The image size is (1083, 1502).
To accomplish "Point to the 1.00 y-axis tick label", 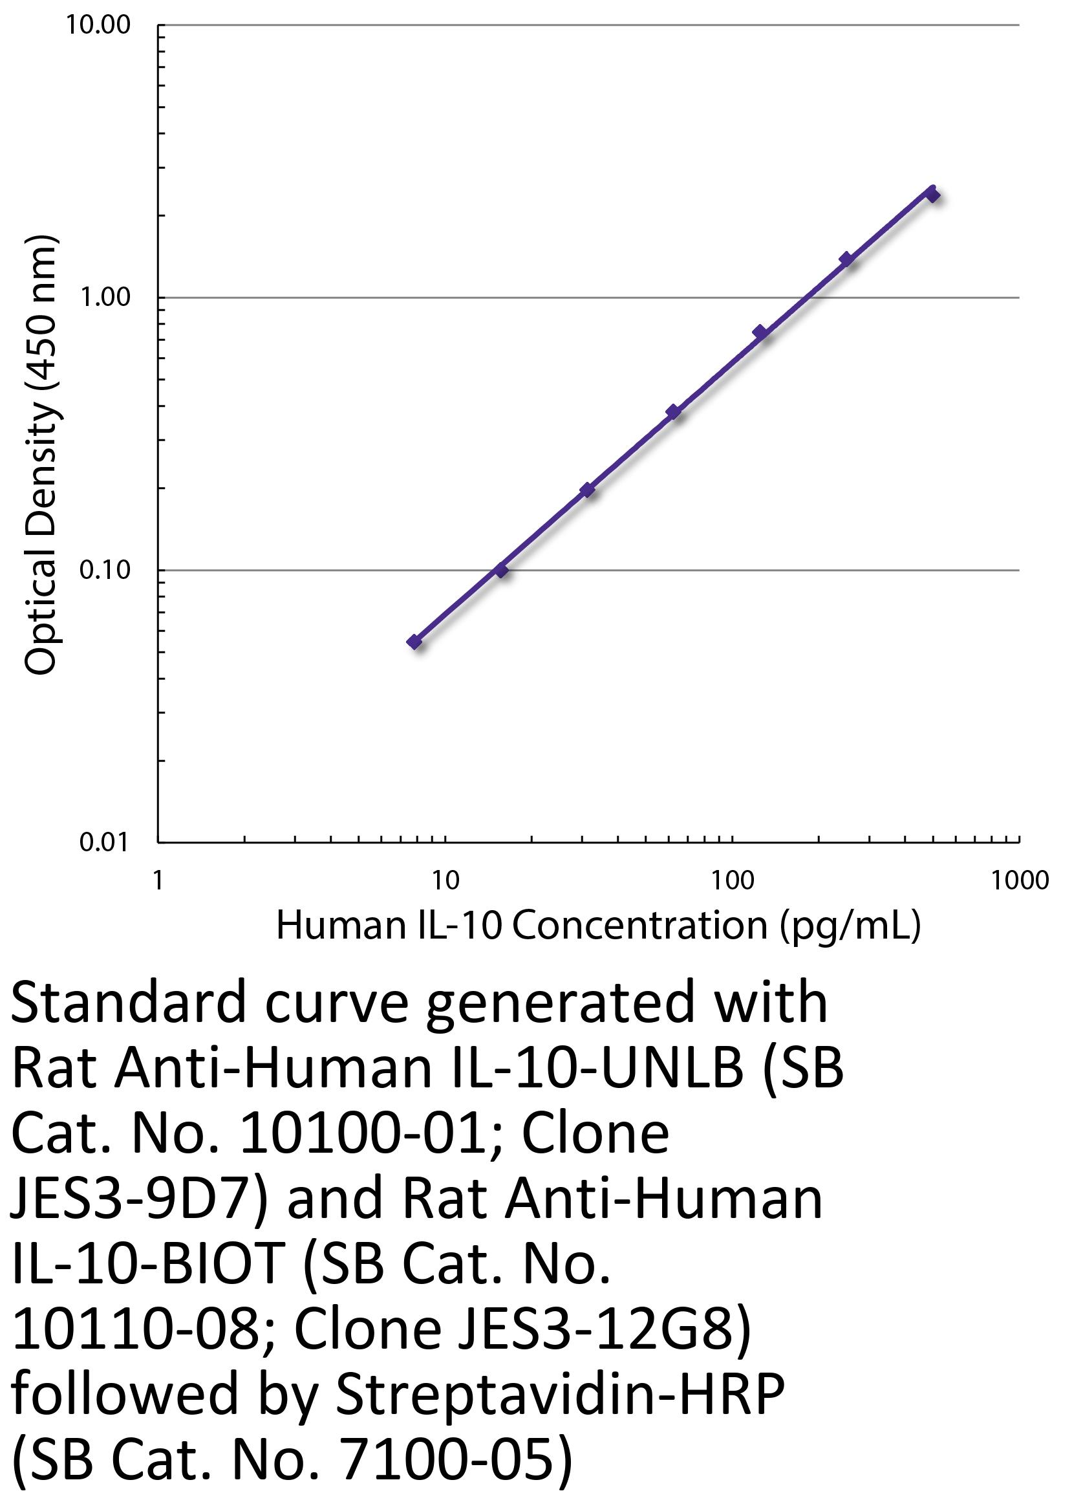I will tap(105, 298).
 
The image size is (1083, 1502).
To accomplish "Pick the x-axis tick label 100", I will tap(732, 880).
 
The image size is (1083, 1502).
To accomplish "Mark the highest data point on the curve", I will tap(932, 193).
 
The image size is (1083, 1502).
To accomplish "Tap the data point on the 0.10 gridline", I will tap(501, 569).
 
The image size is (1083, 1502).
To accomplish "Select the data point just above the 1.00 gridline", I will tap(845, 259).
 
